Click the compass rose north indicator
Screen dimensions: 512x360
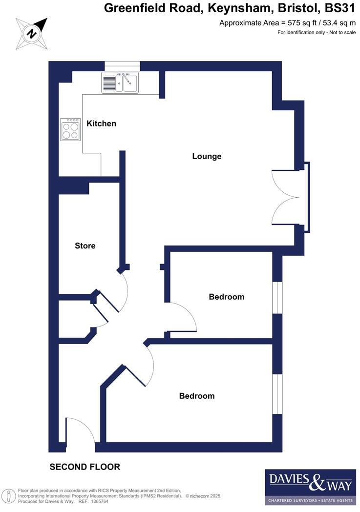click(32, 33)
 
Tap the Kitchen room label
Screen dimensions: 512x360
click(101, 123)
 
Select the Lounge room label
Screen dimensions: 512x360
click(207, 157)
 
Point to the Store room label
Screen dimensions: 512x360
click(85, 246)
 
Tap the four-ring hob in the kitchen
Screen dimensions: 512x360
click(70, 130)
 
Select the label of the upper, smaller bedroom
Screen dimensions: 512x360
click(226, 297)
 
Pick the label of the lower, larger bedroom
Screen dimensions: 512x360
click(197, 396)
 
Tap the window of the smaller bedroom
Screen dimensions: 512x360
click(277, 298)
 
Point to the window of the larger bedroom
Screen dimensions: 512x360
click(277, 395)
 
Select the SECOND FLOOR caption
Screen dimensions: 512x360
click(85, 467)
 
